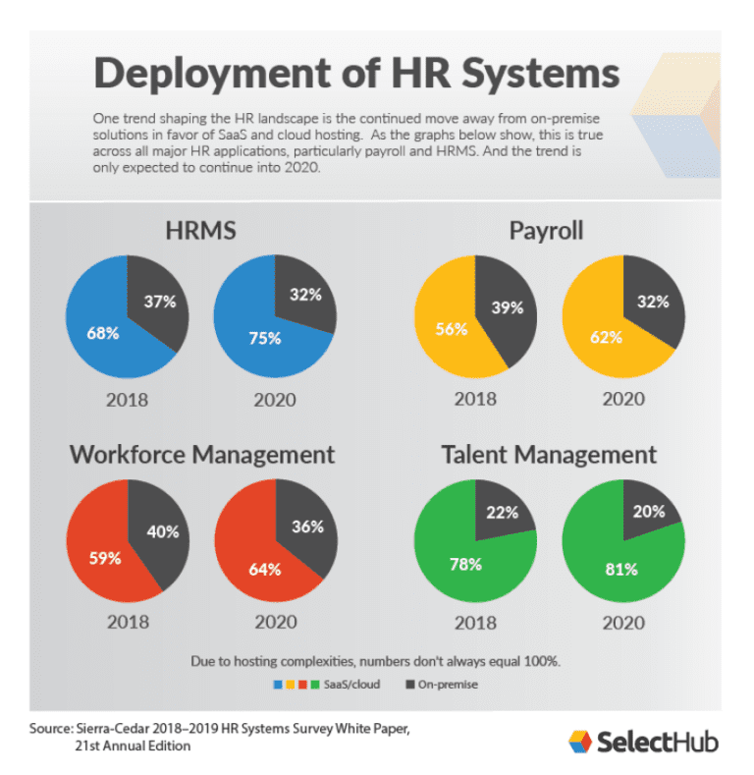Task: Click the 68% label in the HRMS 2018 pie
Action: tap(102, 333)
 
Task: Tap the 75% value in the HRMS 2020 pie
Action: tap(265, 338)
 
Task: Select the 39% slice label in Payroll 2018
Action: tap(507, 307)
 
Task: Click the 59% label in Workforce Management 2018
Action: tap(104, 558)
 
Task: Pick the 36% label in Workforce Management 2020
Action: tap(306, 526)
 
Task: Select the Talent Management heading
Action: tap(549, 454)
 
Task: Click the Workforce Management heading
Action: tap(201, 454)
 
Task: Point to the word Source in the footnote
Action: tap(50, 730)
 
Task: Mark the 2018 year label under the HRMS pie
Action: tap(128, 398)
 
